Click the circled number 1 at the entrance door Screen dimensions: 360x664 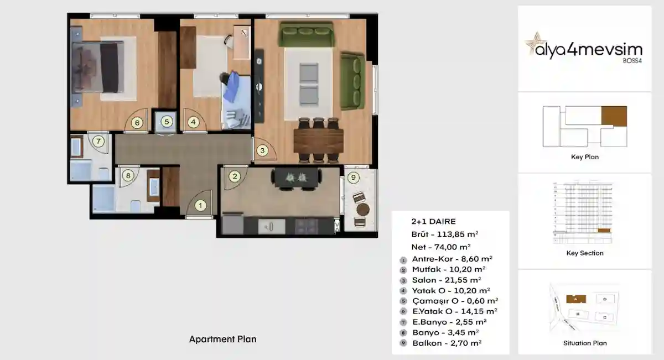click(201, 206)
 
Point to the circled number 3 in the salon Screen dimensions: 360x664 click(263, 150)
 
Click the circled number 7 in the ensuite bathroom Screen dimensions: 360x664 click(98, 141)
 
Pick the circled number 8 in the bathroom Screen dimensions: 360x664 click(128, 176)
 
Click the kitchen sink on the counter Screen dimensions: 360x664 click(271, 226)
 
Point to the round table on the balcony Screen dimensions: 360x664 click(363, 209)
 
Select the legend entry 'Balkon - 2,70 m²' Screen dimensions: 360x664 click(447, 343)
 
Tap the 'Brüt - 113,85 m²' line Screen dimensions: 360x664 click(445, 233)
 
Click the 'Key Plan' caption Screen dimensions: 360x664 click(585, 157)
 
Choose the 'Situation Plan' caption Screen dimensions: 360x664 click(585, 343)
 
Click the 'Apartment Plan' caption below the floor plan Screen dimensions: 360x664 click(223, 339)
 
